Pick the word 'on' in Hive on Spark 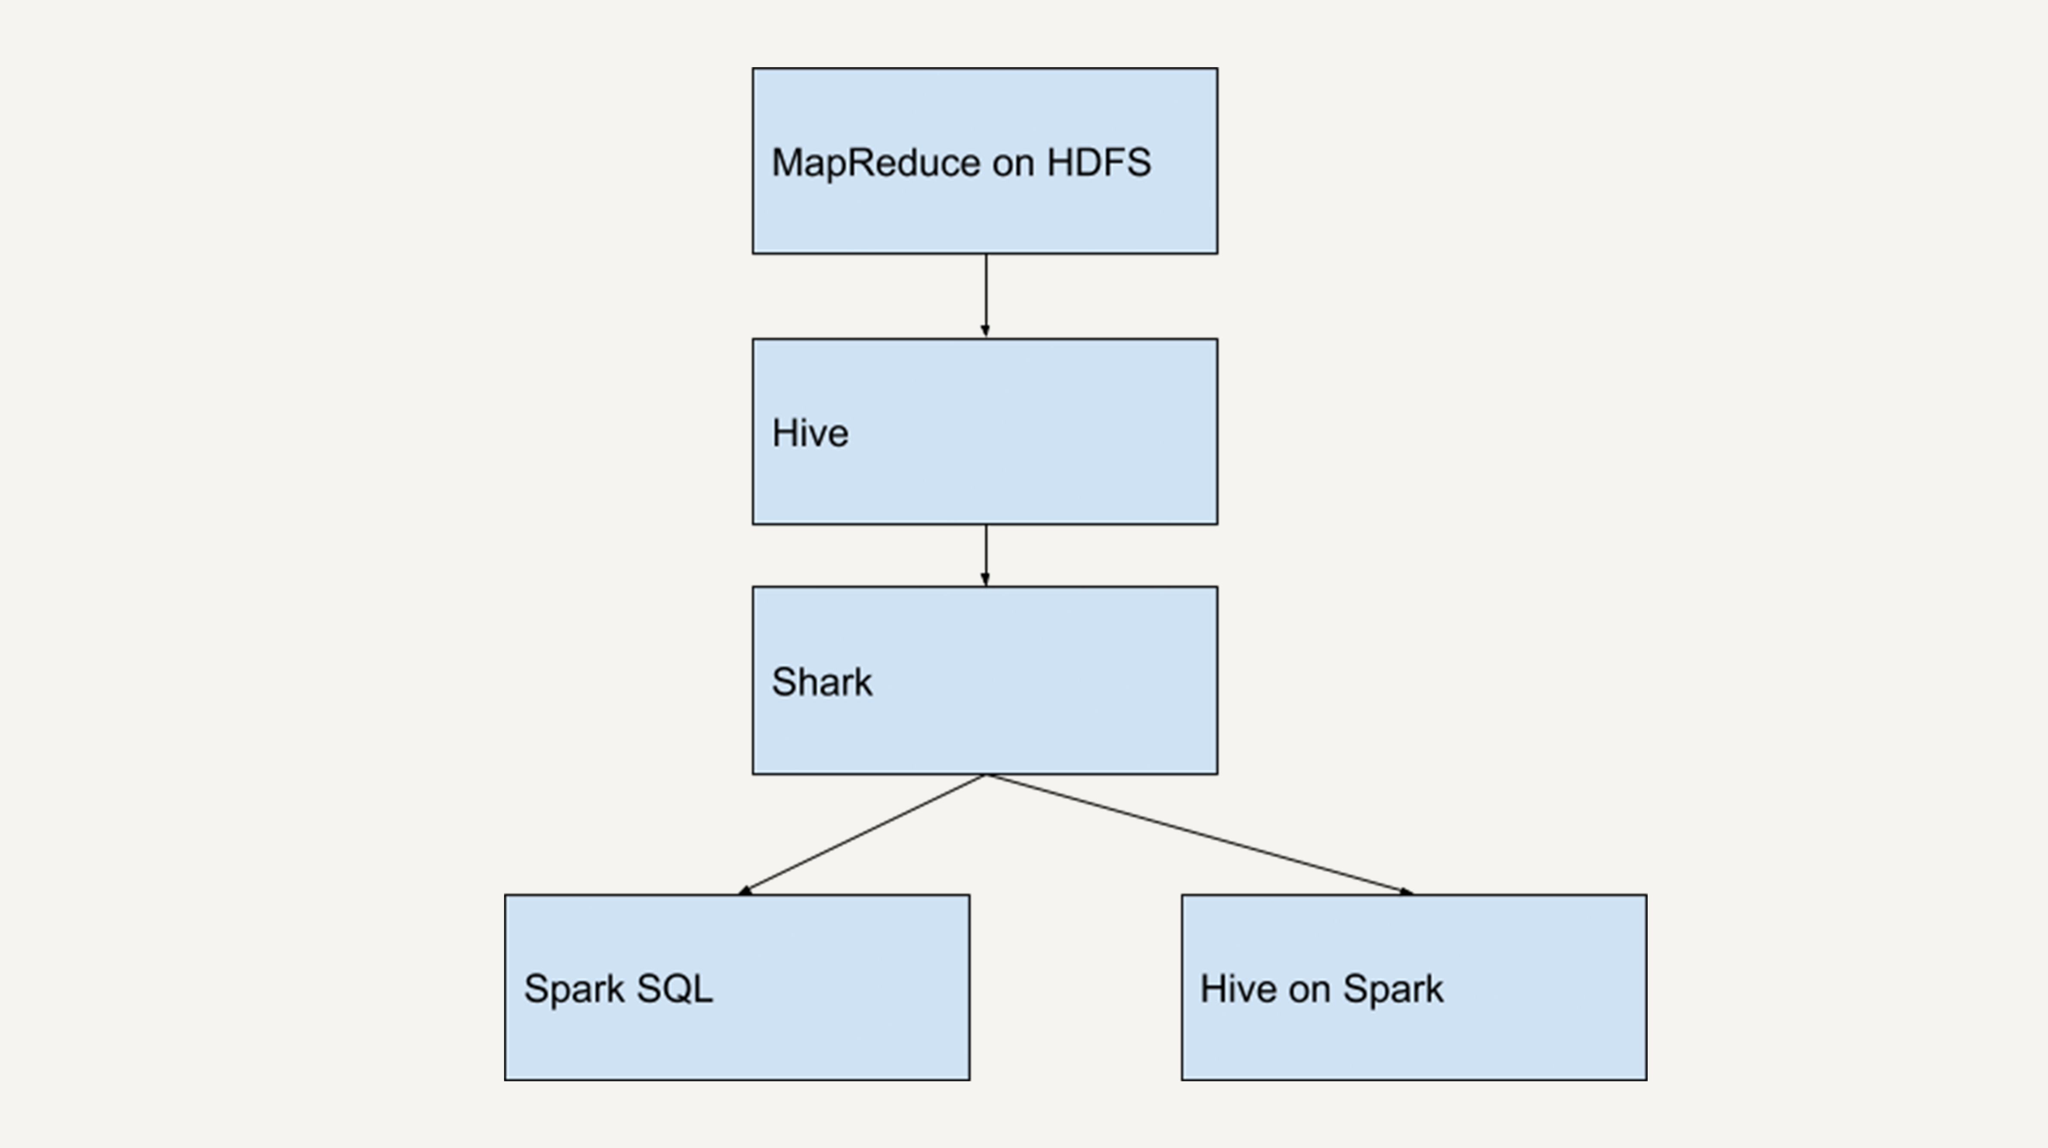tap(1309, 990)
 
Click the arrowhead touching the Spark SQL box tap(745, 891)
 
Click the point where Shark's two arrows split tap(986, 775)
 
